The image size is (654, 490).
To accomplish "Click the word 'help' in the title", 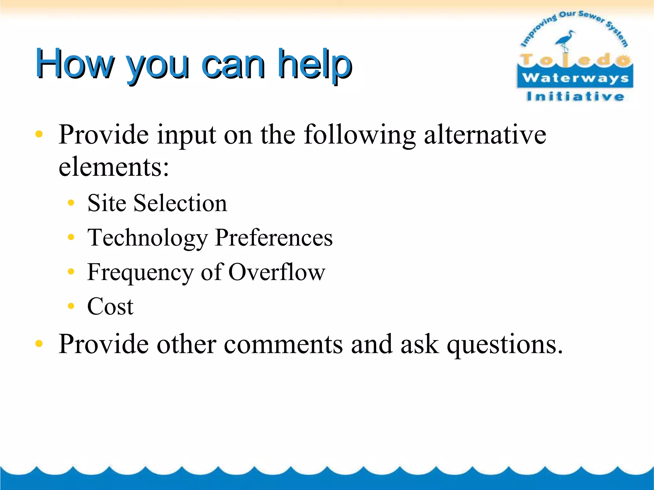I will [315, 64].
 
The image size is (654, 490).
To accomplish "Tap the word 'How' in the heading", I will [75, 64].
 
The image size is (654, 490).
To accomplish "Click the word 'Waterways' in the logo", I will [575, 78].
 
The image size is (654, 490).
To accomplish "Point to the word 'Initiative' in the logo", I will [575, 96].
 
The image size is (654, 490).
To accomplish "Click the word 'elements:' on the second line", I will [114, 167].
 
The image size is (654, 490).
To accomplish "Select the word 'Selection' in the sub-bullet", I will [180, 203].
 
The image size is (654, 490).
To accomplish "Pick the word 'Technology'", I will [148, 238].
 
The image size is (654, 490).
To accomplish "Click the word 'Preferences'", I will [274, 238].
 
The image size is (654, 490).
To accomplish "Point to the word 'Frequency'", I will [141, 272].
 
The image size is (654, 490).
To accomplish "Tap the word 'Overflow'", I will [277, 272].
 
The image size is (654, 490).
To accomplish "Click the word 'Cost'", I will [110, 307].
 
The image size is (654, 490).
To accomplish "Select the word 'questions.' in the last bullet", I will [505, 345].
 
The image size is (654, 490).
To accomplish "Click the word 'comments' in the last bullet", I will [283, 345].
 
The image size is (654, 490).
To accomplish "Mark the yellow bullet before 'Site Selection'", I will [71, 203].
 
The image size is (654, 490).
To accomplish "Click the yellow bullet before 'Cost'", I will [71, 306].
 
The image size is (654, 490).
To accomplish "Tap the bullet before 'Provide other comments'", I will [39, 344].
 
